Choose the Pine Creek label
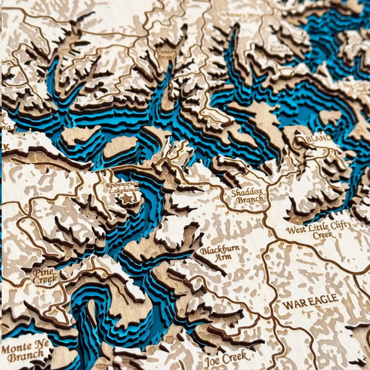pyautogui.click(x=45, y=274)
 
